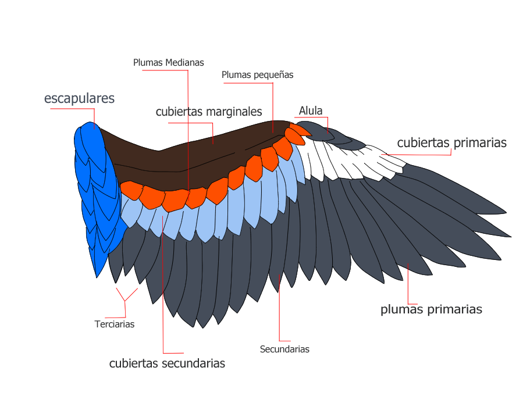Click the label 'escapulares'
[79, 98]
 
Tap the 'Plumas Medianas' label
[168, 62]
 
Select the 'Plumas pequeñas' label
[257, 75]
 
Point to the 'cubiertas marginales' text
[209, 112]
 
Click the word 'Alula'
[311, 110]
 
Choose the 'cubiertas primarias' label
[451, 142]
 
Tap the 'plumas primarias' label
[431, 309]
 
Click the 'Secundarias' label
[284, 349]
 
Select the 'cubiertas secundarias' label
[167, 363]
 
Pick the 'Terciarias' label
[115, 324]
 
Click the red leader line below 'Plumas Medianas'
[188, 128]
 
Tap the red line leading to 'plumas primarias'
[408, 285]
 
